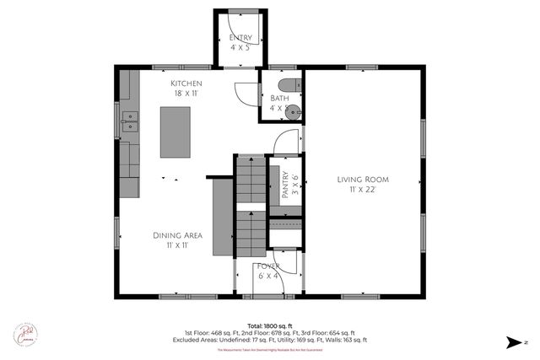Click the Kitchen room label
(x=186, y=83)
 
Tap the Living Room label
(x=362, y=179)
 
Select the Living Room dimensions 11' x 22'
(x=362, y=191)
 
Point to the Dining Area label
(x=175, y=235)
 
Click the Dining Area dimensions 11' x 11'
(x=175, y=246)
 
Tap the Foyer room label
(x=268, y=266)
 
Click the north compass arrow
(x=513, y=341)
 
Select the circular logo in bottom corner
(x=24, y=334)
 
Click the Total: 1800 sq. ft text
(x=270, y=325)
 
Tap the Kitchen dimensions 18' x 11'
(x=186, y=94)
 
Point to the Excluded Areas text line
(x=270, y=339)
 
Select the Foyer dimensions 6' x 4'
(x=268, y=276)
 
